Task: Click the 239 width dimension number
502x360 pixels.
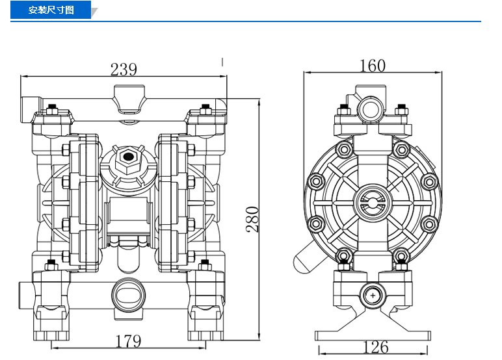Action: pos(124,69)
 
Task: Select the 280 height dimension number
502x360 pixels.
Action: pos(252,219)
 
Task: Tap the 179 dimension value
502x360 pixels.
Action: pos(128,341)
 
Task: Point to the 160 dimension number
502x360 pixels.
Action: pos(373,66)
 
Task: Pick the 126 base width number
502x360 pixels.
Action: pos(376,347)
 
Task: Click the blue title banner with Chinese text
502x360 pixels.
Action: pos(51,10)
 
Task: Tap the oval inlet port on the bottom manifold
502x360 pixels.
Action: pos(128,295)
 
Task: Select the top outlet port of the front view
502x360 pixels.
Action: pos(129,99)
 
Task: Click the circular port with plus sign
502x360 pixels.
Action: pos(373,296)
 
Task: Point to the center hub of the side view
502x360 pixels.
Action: pos(373,202)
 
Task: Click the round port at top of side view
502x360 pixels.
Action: pos(371,109)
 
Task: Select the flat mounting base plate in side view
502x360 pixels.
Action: pos(373,336)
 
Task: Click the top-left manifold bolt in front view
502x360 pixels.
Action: pos(51,110)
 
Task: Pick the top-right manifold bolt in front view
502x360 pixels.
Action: pos(205,110)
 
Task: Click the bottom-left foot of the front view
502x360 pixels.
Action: pos(51,322)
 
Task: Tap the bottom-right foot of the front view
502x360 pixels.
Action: pos(205,322)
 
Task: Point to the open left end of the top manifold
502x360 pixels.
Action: pos(25,109)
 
